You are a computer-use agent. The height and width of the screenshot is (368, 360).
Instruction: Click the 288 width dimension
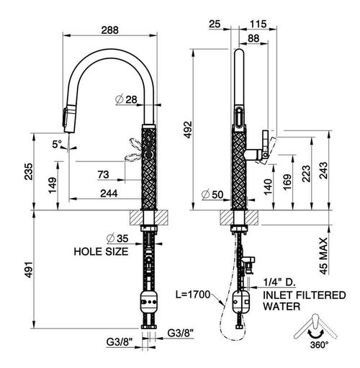click(x=110, y=30)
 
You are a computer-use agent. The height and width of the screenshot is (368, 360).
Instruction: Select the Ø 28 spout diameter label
click(x=127, y=99)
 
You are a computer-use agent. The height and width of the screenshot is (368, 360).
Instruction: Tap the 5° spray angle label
click(x=57, y=144)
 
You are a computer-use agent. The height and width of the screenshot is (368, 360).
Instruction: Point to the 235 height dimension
click(x=28, y=171)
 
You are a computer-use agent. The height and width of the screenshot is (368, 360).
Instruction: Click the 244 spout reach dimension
click(x=109, y=193)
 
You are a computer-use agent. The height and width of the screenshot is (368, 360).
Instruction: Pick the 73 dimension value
click(x=103, y=174)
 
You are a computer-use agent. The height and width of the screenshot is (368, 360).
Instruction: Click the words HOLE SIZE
click(x=101, y=251)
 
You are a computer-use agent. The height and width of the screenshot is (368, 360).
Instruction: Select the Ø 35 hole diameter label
click(x=117, y=238)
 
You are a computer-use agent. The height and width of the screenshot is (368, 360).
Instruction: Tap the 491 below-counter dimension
click(x=29, y=269)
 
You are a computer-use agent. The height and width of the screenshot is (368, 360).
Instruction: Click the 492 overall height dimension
click(x=188, y=130)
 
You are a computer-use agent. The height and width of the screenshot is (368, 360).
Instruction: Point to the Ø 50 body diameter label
click(x=212, y=194)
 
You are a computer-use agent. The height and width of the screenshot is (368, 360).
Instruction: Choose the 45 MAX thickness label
click(x=323, y=256)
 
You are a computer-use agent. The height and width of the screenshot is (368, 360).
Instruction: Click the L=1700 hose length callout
click(x=193, y=295)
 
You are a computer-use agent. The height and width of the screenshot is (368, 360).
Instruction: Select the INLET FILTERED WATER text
click(x=305, y=301)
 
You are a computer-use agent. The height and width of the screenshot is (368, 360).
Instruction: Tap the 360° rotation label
click(x=319, y=345)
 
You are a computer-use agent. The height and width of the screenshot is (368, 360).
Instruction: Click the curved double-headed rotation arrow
click(x=316, y=335)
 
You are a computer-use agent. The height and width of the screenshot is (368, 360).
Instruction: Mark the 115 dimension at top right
click(x=258, y=24)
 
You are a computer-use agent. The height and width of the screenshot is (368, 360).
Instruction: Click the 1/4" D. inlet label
click(x=279, y=282)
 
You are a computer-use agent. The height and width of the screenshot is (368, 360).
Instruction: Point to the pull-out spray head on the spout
click(x=68, y=118)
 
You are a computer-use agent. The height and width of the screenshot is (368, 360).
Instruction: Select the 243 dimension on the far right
click(x=323, y=171)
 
